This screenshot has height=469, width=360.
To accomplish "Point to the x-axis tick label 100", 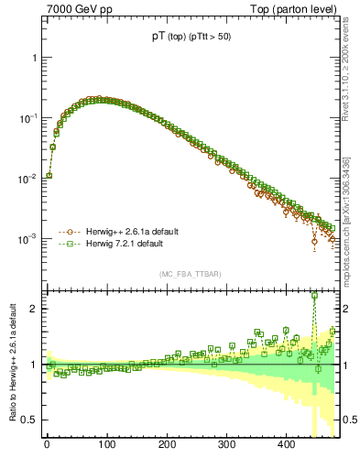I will tap(106, 445).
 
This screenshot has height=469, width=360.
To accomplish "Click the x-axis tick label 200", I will tap(167, 445).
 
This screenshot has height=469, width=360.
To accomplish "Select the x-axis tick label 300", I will tap(226, 445).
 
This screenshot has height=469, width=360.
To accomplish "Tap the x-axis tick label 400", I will tap(286, 445).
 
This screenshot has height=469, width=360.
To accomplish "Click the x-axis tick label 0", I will tap(47, 445).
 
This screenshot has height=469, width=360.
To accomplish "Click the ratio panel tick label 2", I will tap(33, 309).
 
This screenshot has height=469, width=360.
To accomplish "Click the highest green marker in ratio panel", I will tap(315, 295).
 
